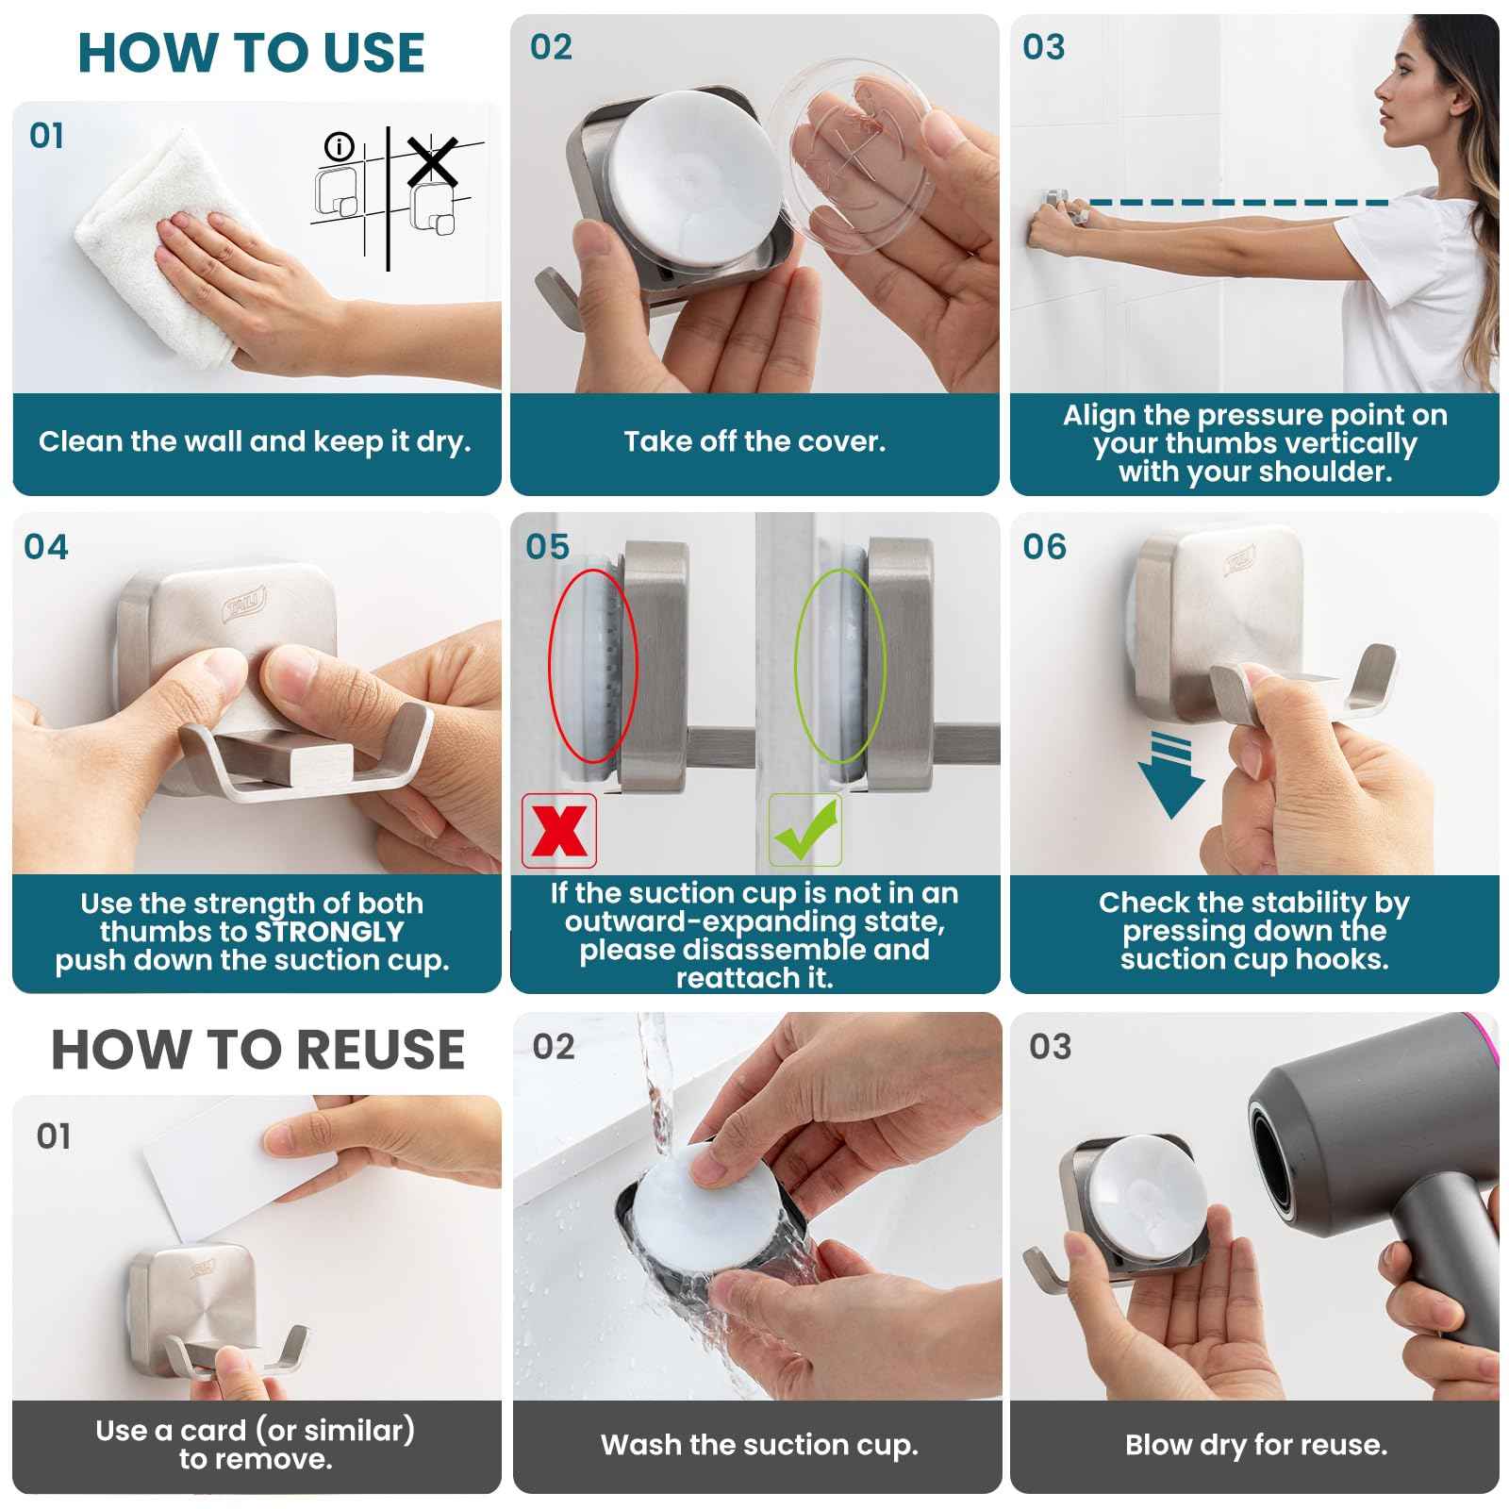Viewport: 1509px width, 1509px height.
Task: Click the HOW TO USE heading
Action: (251, 53)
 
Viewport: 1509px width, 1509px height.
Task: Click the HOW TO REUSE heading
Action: (257, 1050)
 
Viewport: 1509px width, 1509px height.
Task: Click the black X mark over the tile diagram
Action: (432, 161)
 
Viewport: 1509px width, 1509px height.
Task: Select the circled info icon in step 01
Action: (338, 147)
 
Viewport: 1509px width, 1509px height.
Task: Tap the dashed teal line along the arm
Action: (1235, 202)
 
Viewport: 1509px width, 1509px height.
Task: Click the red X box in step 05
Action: (559, 831)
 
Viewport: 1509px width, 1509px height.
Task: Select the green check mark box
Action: (804, 831)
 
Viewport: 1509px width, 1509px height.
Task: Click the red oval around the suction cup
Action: (593, 665)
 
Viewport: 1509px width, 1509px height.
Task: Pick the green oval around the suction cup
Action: (839, 665)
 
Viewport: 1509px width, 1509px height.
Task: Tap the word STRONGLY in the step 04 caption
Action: (329, 932)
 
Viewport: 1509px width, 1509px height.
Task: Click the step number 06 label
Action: (1044, 547)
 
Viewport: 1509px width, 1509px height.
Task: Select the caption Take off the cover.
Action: (754, 441)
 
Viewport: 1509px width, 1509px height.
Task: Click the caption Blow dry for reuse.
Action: (1255, 1445)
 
